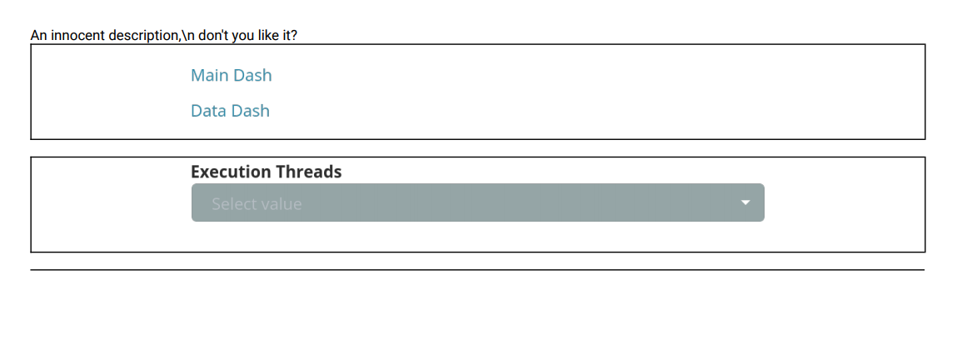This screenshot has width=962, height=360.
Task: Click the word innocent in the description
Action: pyautogui.click(x=77, y=36)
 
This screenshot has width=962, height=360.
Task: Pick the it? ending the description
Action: pyautogui.click(x=287, y=36)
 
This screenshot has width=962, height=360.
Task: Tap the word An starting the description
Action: pyautogui.click(x=38, y=36)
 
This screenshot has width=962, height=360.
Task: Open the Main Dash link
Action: pyautogui.click(x=232, y=76)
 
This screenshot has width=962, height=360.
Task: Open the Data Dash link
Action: pyautogui.click(x=230, y=111)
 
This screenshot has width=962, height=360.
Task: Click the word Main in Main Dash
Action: pyautogui.click(x=209, y=76)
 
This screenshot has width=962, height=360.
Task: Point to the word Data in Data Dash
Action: pyautogui.click(x=208, y=111)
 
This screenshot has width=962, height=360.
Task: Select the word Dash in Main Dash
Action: pyautogui.click(x=252, y=76)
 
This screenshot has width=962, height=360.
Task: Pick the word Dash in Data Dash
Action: pyautogui.click(x=250, y=111)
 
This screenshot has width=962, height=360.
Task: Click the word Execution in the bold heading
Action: pyautogui.click(x=231, y=172)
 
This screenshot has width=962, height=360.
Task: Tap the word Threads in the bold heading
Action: pyautogui.click(x=308, y=172)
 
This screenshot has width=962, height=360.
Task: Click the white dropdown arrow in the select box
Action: pyautogui.click(x=746, y=202)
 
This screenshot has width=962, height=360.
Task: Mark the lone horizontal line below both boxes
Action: pyautogui.click(x=477, y=270)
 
